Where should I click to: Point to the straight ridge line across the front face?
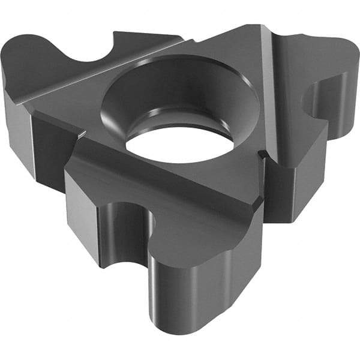[x=168, y=180]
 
